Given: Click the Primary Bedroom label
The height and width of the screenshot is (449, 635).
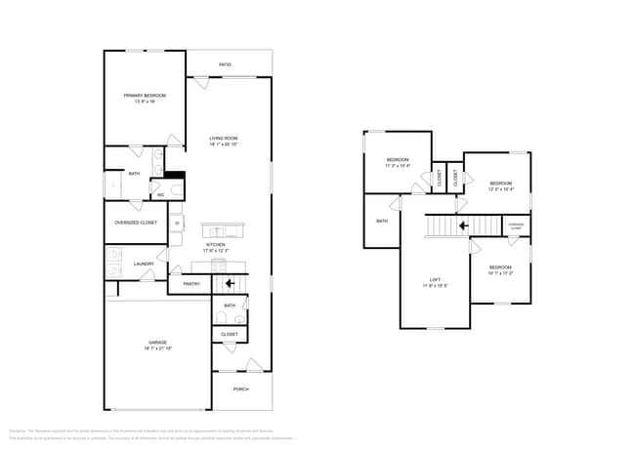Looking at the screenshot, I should (x=145, y=96).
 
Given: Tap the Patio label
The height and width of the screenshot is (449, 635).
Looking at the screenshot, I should (x=225, y=64).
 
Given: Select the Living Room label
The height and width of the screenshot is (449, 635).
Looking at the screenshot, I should (x=224, y=139).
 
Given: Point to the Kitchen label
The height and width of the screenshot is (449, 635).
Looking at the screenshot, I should (x=215, y=245).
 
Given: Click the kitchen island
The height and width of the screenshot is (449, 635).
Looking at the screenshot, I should (x=224, y=230).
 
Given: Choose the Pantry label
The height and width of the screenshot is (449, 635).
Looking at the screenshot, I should (x=191, y=284).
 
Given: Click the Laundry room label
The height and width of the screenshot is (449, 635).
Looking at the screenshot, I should (x=145, y=264).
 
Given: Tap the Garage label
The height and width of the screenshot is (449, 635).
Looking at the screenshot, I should (x=157, y=343).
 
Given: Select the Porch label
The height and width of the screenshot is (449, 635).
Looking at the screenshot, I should (x=240, y=388).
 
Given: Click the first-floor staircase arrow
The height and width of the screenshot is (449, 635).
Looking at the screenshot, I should (x=230, y=284).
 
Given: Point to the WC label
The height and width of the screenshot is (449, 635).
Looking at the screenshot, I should (x=161, y=195).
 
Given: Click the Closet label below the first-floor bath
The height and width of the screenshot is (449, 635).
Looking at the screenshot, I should (x=230, y=334).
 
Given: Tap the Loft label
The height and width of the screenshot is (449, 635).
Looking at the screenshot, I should (x=435, y=282).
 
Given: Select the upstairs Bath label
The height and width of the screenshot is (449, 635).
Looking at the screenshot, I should (x=382, y=221).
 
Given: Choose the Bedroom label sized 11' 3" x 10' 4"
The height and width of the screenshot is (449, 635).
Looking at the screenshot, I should (x=397, y=160).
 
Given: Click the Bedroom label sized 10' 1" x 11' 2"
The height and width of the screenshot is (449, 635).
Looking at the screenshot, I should (x=500, y=267).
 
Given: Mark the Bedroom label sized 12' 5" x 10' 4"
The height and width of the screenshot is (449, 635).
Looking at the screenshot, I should (x=500, y=184).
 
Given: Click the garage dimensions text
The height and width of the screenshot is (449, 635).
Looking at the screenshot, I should (x=157, y=347).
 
